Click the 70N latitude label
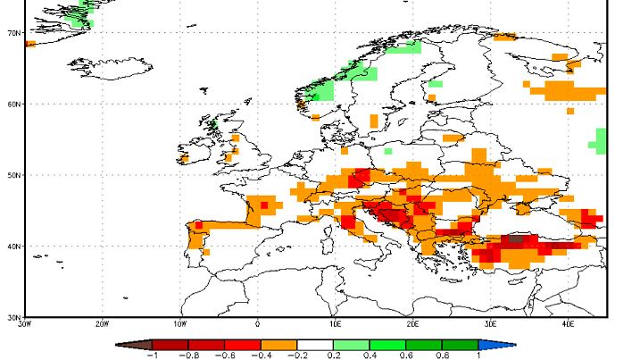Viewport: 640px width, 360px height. tap(13, 33)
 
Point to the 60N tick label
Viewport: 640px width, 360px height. tap(13, 105)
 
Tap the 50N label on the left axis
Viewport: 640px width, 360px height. tap(13, 175)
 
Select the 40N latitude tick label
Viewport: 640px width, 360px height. tap(13, 246)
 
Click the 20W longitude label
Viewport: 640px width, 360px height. tap(102, 324)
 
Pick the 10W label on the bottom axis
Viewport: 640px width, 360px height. tap(179, 324)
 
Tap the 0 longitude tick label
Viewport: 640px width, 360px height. tap(258, 324)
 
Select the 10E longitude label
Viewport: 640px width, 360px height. tap(335, 324)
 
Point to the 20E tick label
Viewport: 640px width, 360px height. tap(413, 324)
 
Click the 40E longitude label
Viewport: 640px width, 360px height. tap(569, 324)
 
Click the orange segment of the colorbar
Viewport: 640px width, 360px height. tap(278, 343)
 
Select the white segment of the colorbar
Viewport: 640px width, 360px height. tap(315, 343)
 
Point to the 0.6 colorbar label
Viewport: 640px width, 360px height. tap(406, 355)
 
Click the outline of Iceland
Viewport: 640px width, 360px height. tap(112, 67)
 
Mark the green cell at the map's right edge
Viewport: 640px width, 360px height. tap(600, 140)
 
